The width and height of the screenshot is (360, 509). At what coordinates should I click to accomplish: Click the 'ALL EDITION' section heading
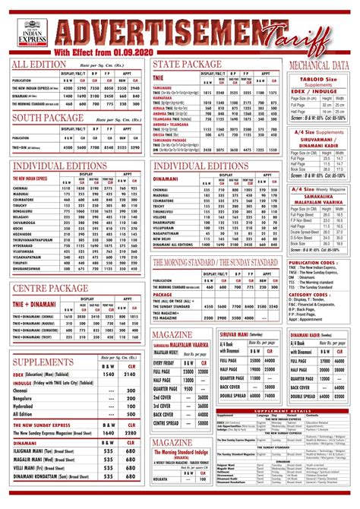40,65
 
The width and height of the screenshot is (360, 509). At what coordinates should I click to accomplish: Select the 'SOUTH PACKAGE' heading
46,119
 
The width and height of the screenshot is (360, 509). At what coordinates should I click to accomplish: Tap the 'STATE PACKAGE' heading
188,62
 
